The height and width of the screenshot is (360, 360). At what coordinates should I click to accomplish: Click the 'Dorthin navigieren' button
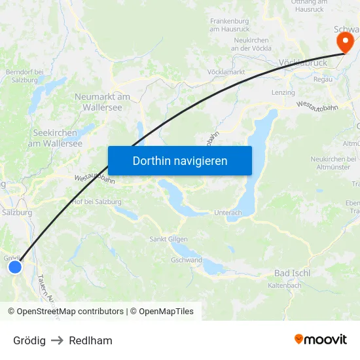click(x=179, y=160)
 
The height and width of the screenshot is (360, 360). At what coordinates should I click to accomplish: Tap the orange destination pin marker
click(x=344, y=43)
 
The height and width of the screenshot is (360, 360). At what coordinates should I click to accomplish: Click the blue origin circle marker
click(x=15, y=267)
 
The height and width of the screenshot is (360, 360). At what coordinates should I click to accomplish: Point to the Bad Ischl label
click(x=292, y=273)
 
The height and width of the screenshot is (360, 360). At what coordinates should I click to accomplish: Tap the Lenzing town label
click(x=283, y=92)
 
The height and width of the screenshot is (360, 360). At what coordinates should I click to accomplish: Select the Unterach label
click(x=228, y=213)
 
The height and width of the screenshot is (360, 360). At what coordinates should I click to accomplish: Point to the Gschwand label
click(x=187, y=260)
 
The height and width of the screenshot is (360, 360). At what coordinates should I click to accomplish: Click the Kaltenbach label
click(x=285, y=285)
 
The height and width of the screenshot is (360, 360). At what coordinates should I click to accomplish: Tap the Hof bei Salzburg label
click(x=99, y=202)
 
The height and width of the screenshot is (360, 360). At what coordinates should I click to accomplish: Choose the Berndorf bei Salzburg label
click(x=24, y=75)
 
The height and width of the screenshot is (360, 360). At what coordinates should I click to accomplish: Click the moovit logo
click(x=321, y=340)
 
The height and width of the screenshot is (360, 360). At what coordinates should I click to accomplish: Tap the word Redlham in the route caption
click(x=90, y=340)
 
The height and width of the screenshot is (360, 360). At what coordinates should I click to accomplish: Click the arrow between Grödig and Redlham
click(x=57, y=340)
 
